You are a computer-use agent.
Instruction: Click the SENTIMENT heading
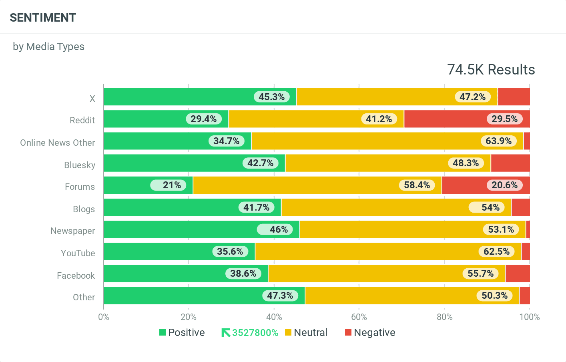[x=43, y=18]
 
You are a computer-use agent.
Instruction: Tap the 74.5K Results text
[x=491, y=70]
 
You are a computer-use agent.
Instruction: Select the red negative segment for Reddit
[x=467, y=119]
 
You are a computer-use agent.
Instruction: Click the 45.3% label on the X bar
[x=271, y=97]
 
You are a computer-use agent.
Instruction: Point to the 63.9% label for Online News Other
[x=498, y=141]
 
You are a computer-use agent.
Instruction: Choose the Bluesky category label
[x=80, y=165]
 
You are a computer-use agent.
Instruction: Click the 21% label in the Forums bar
[x=172, y=185]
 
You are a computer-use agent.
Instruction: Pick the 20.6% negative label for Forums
[x=504, y=185]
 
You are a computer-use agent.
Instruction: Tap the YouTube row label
[x=78, y=253]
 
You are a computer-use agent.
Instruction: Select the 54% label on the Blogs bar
[x=490, y=207]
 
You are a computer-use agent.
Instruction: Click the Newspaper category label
[x=73, y=231]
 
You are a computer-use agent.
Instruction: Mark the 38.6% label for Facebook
[x=243, y=274]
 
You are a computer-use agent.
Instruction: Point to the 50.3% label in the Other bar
[x=494, y=296]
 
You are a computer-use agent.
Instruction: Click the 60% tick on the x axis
[x=359, y=317]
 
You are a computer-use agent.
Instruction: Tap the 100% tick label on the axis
[x=529, y=317]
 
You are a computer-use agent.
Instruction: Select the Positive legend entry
[x=182, y=332]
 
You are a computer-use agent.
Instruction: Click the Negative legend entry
[x=370, y=332]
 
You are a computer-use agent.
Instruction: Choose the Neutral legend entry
[x=306, y=332]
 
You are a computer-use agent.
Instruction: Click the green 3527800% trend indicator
[x=250, y=333]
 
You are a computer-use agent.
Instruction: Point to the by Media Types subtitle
[x=48, y=46]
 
